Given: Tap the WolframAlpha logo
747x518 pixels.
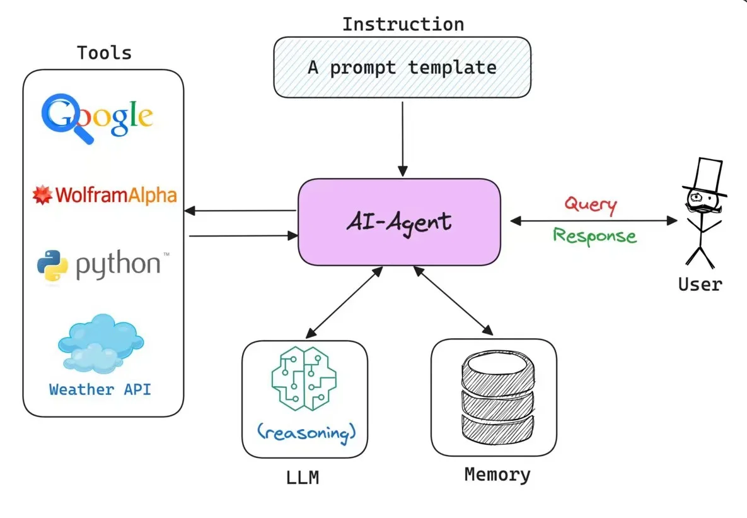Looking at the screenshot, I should click(x=104, y=194).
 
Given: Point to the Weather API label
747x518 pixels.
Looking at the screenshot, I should click(x=100, y=389).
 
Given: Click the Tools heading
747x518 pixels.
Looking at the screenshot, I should click(x=104, y=53).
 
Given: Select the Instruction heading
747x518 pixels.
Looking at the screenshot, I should click(x=403, y=25).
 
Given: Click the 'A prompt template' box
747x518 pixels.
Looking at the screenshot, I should click(x=402, y=68).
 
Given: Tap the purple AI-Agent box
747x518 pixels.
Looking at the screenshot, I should click(x=399, y=221).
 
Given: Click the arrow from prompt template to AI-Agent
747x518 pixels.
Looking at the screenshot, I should click(x=403, y=139).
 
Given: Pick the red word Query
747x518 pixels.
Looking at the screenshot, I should click(x=590, y=204).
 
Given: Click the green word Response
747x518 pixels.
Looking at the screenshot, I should click(x=594, y=235).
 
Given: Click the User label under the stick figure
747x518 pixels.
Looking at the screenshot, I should click(x=700, y=284).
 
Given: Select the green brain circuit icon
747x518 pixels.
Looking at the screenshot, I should click(x=304, y=377).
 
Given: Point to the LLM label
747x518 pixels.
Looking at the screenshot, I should click(x=303, y=478).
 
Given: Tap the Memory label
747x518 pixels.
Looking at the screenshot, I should click(x=497, y=474).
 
